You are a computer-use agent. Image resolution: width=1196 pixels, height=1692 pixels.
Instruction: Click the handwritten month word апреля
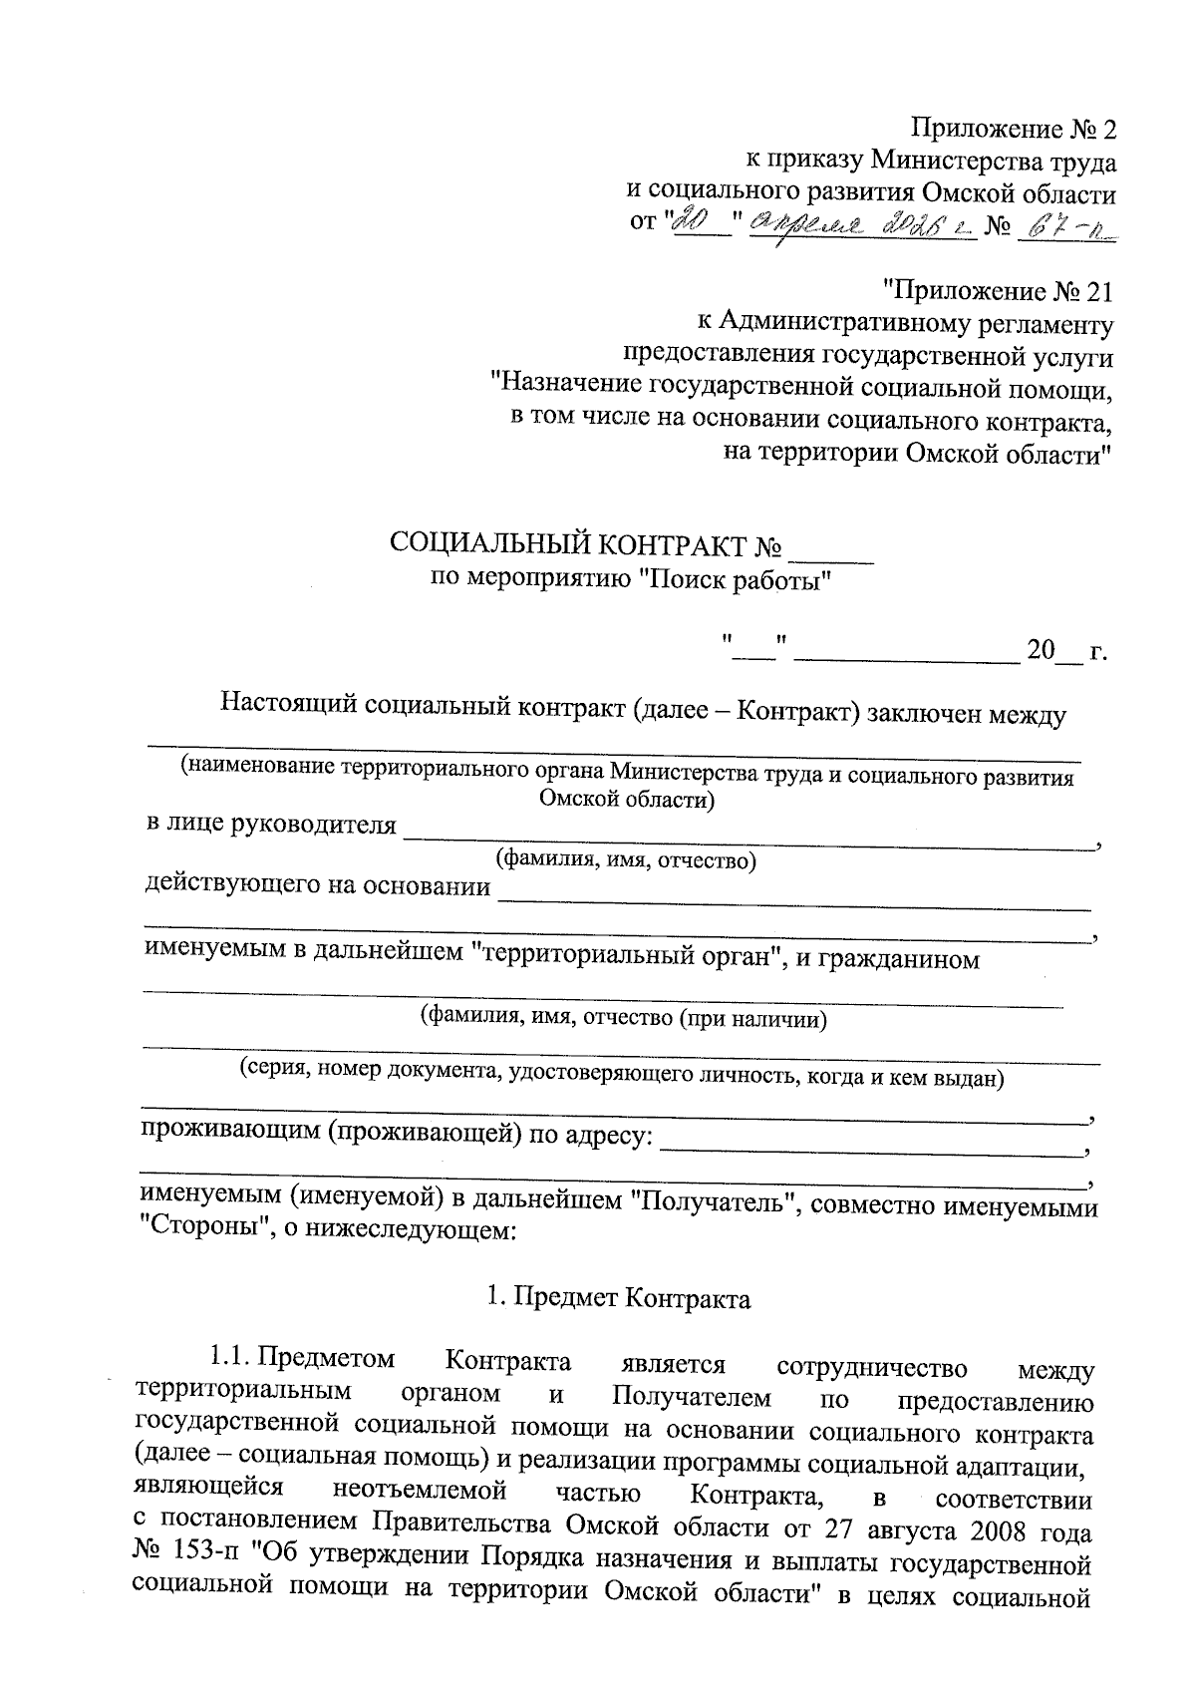pyautogui.click(x=805, y=228)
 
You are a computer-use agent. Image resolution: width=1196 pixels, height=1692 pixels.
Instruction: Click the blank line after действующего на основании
pyautogui.click(x=793, y=897)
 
